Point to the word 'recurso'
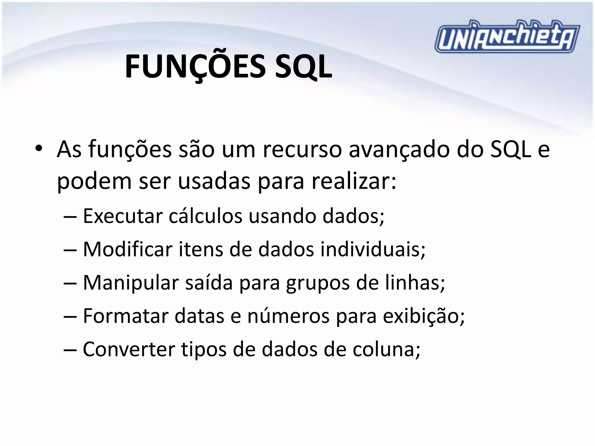302,150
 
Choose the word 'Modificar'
128,249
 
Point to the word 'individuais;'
373,249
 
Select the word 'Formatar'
126,316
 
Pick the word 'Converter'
129,349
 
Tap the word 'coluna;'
386,349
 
